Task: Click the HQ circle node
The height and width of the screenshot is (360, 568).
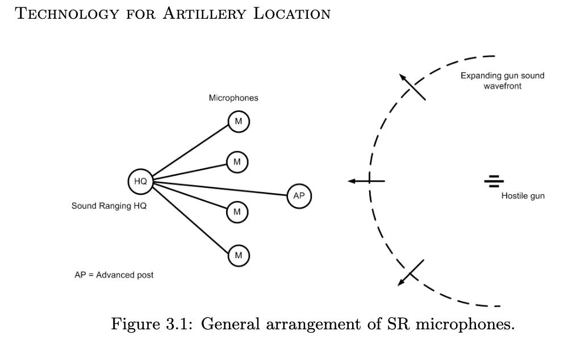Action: point(140,181)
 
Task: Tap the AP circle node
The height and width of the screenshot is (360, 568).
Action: point(299,195)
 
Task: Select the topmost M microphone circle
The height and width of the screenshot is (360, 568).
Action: point(239,122)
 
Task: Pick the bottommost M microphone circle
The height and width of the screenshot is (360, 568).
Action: point(238,256)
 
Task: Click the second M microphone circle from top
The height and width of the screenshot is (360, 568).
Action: point(237,162)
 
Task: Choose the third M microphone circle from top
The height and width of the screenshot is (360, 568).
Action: point(237,212)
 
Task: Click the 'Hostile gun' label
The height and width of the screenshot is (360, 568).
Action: point(523,196)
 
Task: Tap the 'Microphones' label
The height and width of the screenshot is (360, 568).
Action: point(233,98)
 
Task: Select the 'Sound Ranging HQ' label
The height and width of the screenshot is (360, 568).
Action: point(109,206)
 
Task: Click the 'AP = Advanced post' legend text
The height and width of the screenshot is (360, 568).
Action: point(114,275)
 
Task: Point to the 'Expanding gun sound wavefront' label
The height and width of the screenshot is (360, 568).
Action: point(502,81)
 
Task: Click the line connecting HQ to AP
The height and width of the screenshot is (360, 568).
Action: point(222,189)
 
